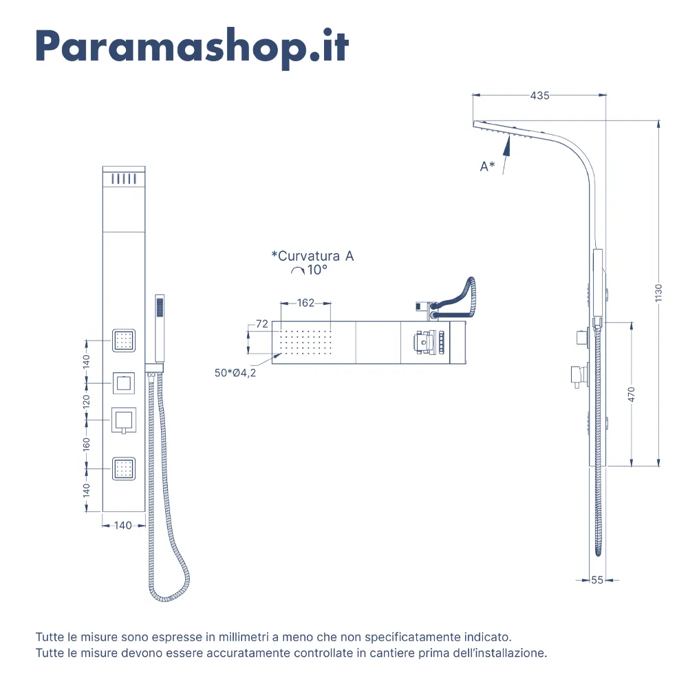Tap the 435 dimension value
(x=539, y=95)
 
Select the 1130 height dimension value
(x=658, y=292)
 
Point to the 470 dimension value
(x=632, y=394)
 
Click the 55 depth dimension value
(x=597, y=580)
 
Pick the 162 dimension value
(x=306, y=303)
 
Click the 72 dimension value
(x=262, y=324)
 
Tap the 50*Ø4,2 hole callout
(x=235, y=372)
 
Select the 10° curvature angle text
(x=316, y=270)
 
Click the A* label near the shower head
(x=487, y=166)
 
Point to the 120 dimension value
(x=87, y=402)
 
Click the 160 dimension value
(x=87, y=444)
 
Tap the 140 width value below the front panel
(x=123, y=525)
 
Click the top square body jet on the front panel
(x=124, y=341)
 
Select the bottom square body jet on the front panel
(x=124, y=469)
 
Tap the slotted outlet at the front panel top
(x=124, y=179)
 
